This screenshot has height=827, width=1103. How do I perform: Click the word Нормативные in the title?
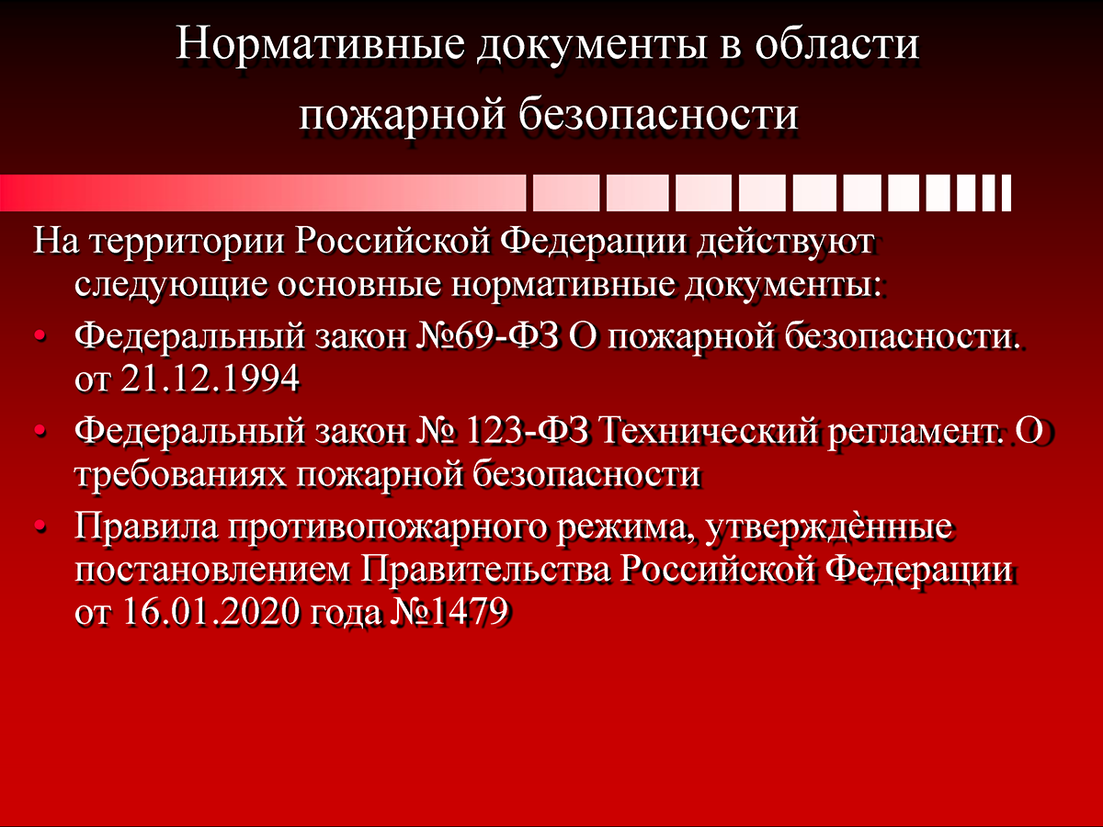320,45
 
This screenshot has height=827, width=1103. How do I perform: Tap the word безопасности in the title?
659,115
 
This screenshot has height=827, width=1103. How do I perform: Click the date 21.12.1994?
210,379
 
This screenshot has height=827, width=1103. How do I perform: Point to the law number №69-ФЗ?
487,336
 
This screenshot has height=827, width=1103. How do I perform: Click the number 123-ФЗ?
527,431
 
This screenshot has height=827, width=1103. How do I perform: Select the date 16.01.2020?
210,612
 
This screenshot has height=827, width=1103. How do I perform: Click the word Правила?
146,527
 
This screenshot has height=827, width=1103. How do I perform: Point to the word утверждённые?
829,528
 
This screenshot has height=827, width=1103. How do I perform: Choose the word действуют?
786,243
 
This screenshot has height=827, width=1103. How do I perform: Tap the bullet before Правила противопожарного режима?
40,527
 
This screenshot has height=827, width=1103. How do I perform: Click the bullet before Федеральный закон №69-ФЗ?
40,336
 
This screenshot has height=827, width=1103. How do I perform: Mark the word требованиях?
180,475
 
